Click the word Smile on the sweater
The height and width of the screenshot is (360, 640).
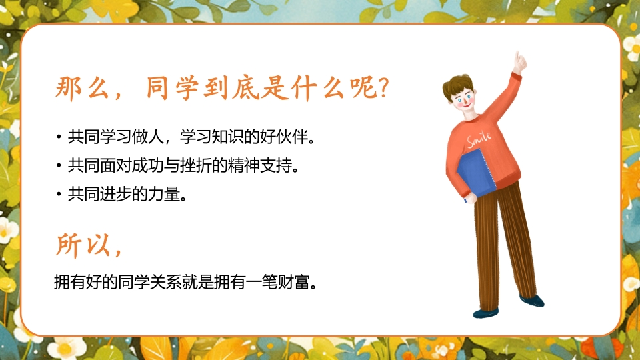(x=479, y=139)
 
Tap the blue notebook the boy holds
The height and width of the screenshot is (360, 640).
(x=476, y=173)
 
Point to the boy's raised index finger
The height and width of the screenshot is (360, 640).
(x=518, y=58)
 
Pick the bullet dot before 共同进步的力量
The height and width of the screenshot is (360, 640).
(x=59, y=195)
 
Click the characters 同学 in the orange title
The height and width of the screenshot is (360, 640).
(x=172, y=88)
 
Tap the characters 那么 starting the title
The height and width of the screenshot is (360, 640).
(x=82, y=88)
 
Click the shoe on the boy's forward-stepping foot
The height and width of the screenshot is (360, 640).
(x=532, y=301)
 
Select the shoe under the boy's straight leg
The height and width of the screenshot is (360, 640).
(x=486, y=313)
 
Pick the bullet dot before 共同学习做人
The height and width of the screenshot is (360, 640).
(x=59, y=137)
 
